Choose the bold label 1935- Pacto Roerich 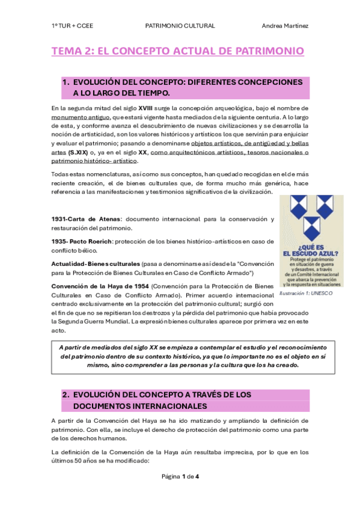point(78,241)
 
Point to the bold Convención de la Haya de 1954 point(100,285)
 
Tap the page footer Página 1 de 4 point(180,477)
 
